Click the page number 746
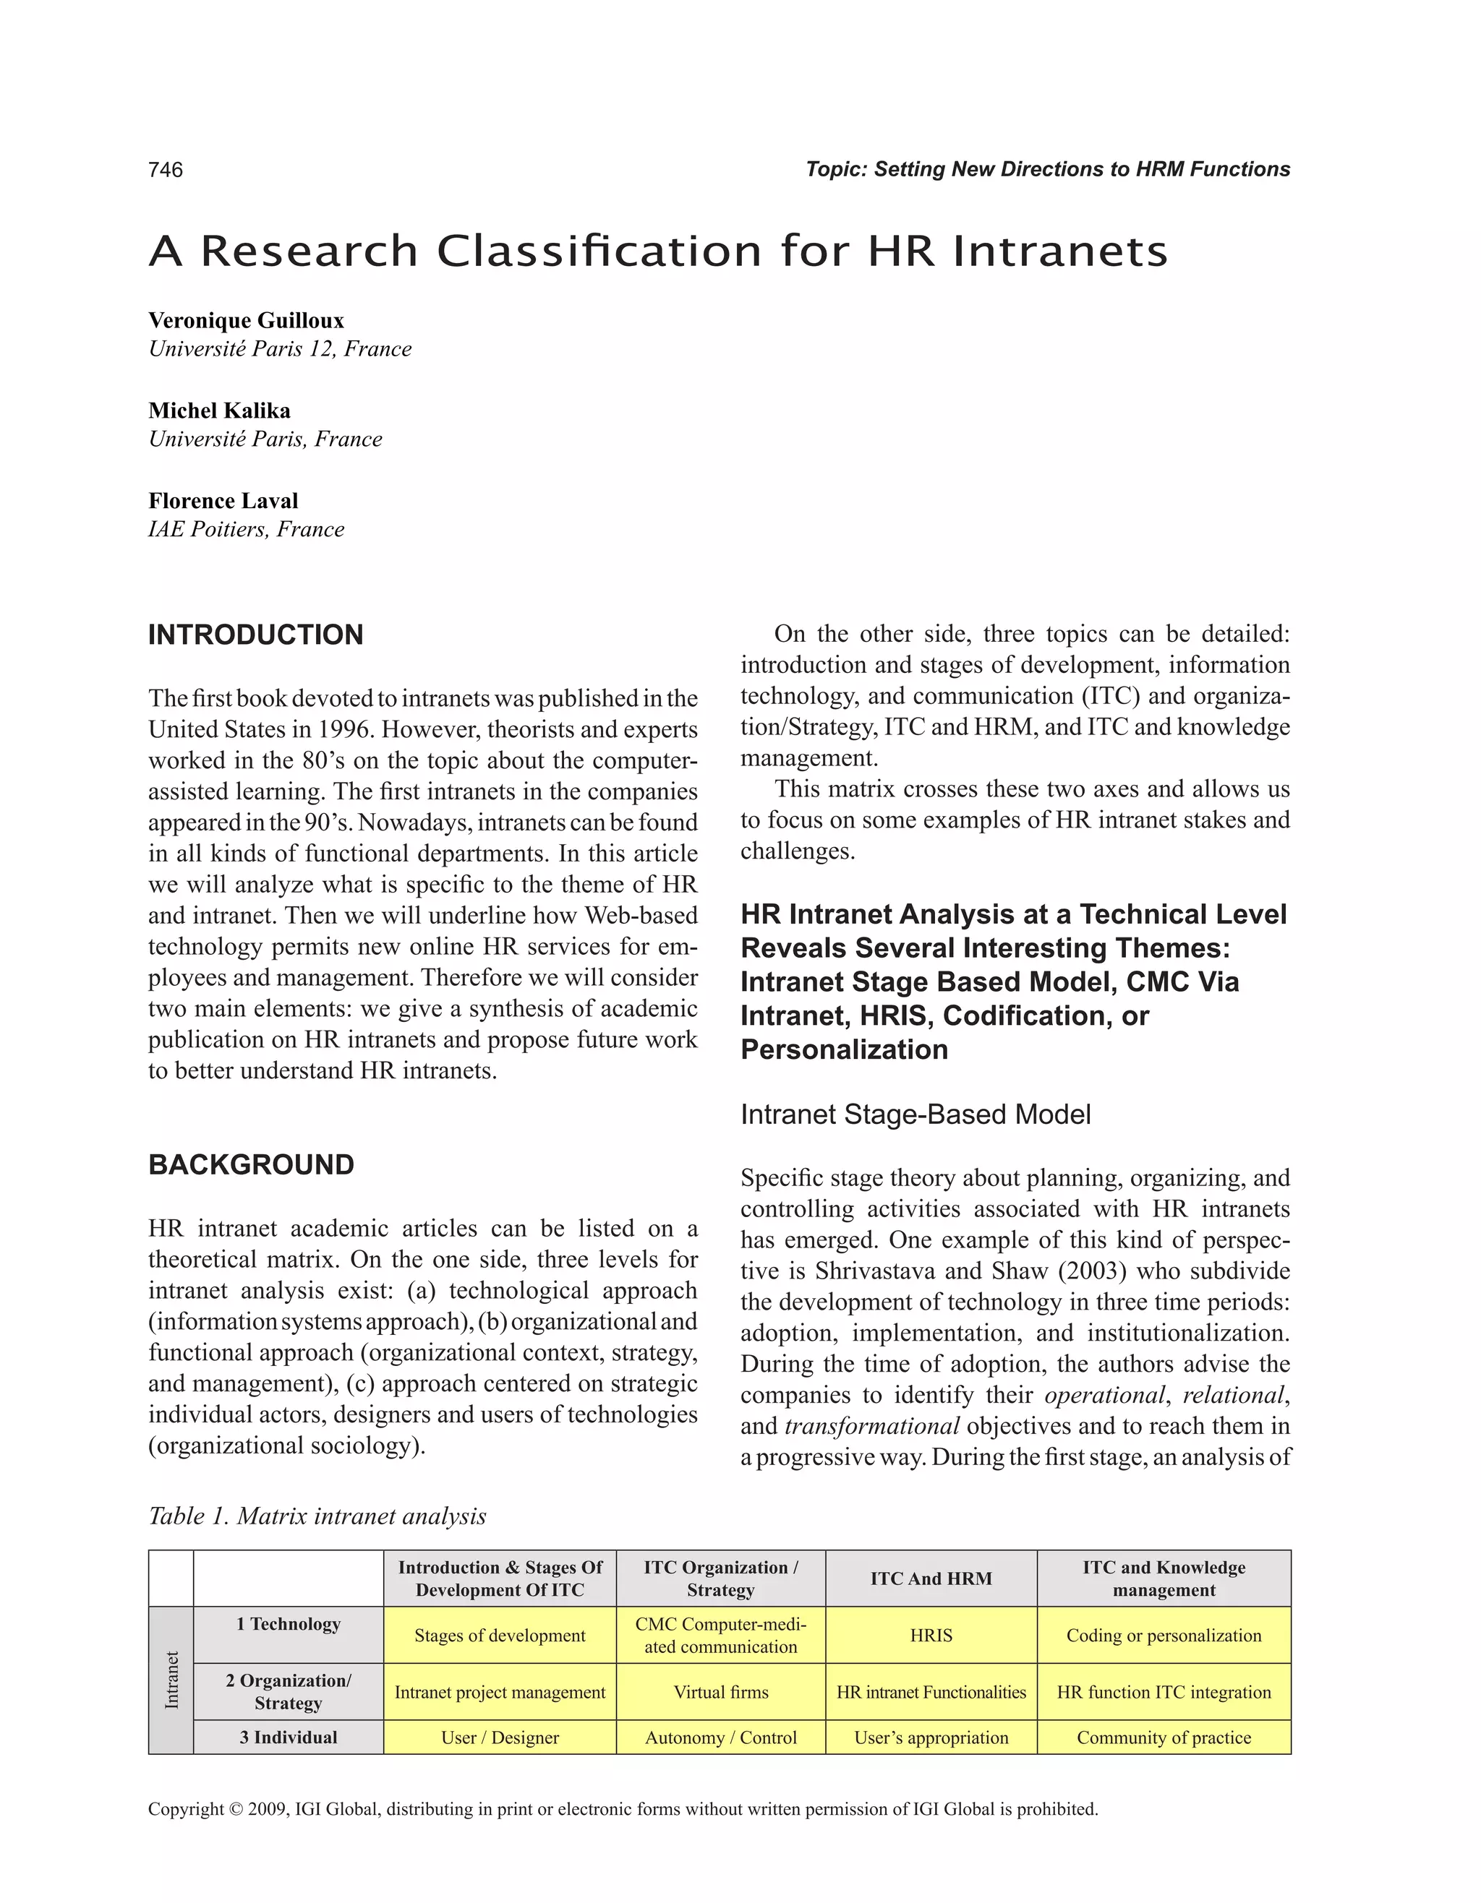pos(166,170)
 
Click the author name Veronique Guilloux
pos(246,321)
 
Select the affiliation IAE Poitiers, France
pos(246,530)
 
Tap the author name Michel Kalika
pos(219,411)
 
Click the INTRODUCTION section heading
pos(255,635)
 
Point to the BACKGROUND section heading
pos(251,1165)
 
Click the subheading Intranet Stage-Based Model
pos(916,1114)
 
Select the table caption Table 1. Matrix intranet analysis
pos(317,1516)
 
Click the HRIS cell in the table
pos(931,1636)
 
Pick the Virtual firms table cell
pos(721,1692)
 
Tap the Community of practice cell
pos(1164,1737)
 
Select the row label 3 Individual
pos(289,1737)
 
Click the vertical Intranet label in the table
pos(171,1680)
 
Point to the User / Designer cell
pos(500,1737)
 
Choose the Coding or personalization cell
pos(1164,1636)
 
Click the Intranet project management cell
pos(500,1692)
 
